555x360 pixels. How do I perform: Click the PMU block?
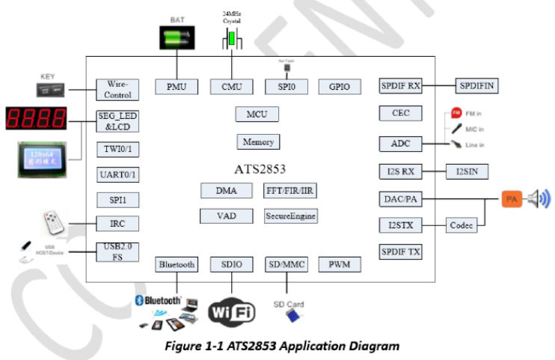pyautogui.click(x=177, y=86)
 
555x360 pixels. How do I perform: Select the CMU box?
pyautogui.click(x=232, y=86)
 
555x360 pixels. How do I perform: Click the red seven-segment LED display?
pyautogui.click(x=35, y=118)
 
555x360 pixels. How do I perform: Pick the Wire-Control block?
pyautogui.click(x=118, y=90)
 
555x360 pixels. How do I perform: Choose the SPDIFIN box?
pyautogui.click(x=476, y=85)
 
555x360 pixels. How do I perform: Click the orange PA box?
pyautogui.click(x=512, y=200)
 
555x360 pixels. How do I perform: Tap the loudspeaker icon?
pyautogui.click(x=539, y=199)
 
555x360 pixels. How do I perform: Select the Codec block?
pyautogui.click(x=462, y=225)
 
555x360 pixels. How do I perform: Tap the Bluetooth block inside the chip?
pyautogui.click(x=177, y=264)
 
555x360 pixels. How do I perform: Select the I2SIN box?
pyautogui.click(x=467, y=172)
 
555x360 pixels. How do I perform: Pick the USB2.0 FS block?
pyautogui.click(x=118, y=251)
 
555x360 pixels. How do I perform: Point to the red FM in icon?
pyautogui.click(x=456, y=113)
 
